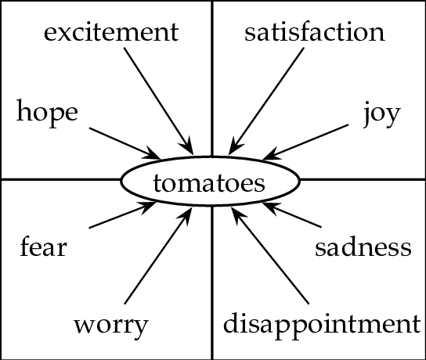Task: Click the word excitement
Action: click(x=111, y=32)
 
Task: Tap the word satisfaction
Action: click(x=315, y=32)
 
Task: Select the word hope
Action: click(x=47, y=113)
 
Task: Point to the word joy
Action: click(x=382, y=114)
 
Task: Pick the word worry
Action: click(x=111, y=326)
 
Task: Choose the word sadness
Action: click(x=363, y=247)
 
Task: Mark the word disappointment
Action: click(x=322, y=324)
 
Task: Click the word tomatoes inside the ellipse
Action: click(x=209, y=183)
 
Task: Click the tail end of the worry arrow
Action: click(x=125, y=304)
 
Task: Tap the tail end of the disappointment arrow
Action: click(x=309, y=304)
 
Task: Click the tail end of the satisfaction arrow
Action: click(x=304, y=49)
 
